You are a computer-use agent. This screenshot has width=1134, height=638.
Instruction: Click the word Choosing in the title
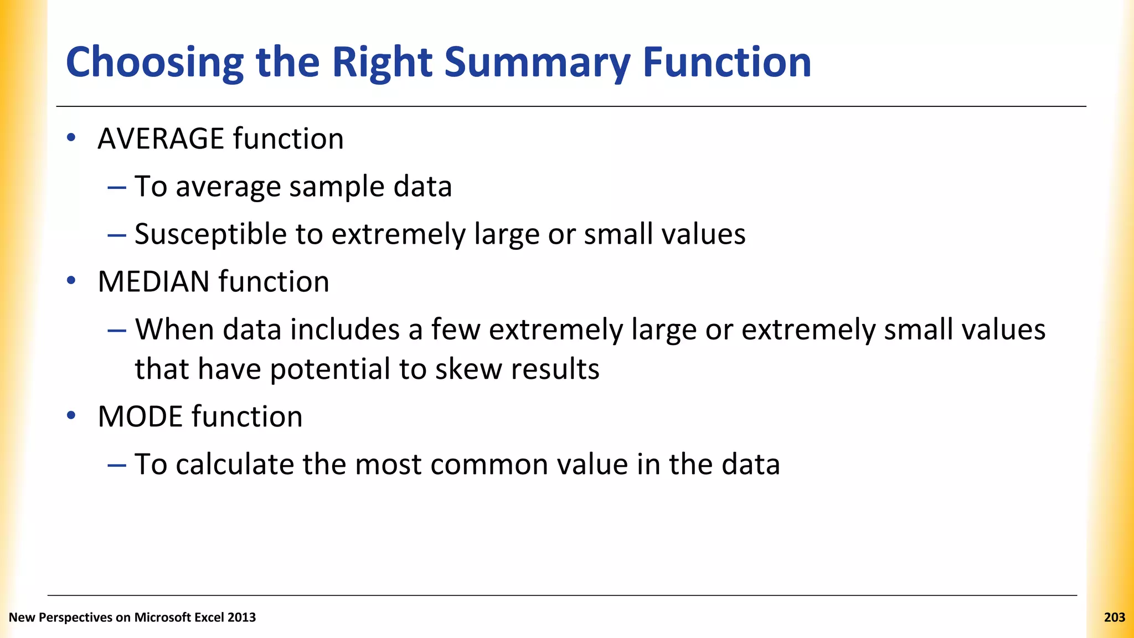[x=154, y=62]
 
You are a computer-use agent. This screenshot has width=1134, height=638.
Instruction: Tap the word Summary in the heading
[x=537, y=62]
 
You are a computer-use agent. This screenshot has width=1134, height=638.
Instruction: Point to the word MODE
[x=140, y=416]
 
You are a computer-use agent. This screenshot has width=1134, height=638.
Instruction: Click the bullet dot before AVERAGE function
[x=71, y=138]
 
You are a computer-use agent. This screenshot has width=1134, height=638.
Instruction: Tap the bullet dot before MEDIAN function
[x=71, y=281]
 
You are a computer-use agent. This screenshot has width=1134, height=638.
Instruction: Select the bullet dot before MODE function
[x=71, y=416]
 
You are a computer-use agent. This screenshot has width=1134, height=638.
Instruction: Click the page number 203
[x=1114, y=618]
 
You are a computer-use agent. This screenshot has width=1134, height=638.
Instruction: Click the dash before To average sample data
[x=117, y=187]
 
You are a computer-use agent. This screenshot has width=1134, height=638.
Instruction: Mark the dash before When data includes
[x=117, y=331]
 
